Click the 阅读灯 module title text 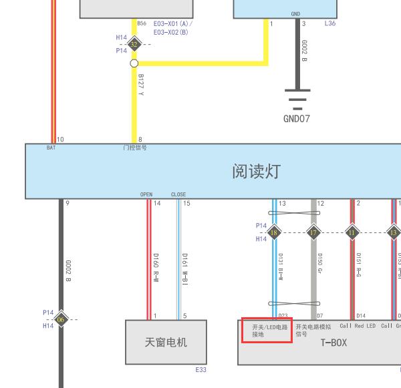point(255,172)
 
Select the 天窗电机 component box point(166,342)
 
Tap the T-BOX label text point(333,343)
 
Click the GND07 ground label point(297,119)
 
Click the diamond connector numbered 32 point(134,45)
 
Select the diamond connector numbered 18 point(274,232)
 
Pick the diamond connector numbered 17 point(313,232)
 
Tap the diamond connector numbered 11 point(352,232)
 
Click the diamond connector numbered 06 point(61,319)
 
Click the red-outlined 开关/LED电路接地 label point(267,331)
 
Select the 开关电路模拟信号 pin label point(313,331)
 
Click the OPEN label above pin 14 point(146,195)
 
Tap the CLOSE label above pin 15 point(178,195)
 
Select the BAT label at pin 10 point(51,148)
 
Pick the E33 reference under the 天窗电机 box point(200,369)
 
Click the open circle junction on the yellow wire point(134,63)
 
